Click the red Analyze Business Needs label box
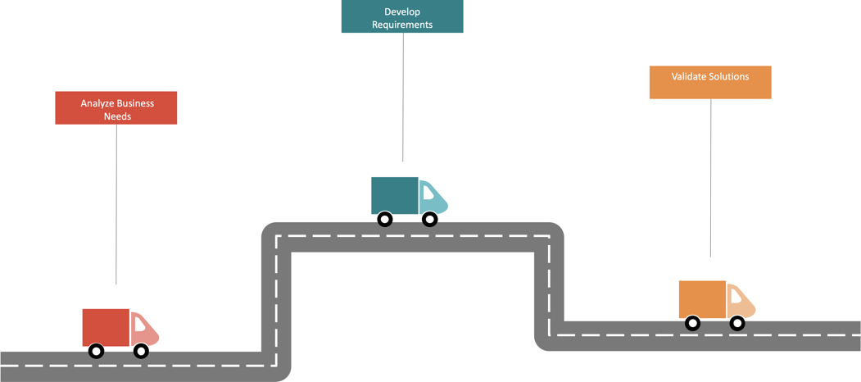click(116, 107)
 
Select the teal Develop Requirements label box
click(401, 16)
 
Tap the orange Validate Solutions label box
click(709, 82)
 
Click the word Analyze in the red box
click(97, 103)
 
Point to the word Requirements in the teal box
click(401, 25)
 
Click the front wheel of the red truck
click(141, 352)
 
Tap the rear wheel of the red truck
click(96, 352)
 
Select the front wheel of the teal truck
click(429, 220)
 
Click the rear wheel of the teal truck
click(384, 220)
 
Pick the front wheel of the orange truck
click(737, 324)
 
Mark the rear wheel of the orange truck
click(692, 324)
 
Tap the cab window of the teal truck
click(428, 193)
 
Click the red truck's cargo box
click(106, 327)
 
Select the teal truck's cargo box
click(394, 195)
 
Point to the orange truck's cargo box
click(702, 299)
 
